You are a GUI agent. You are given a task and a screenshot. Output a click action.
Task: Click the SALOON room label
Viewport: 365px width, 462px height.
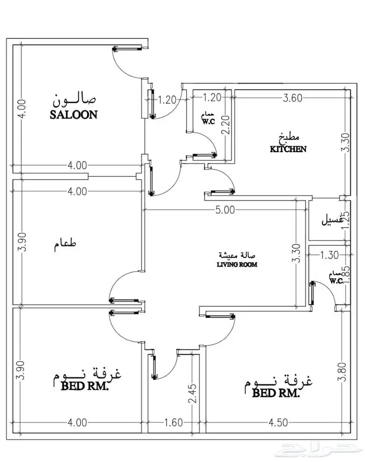tap(74, 115)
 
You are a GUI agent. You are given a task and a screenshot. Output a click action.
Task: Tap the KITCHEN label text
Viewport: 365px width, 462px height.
tap(288, 149)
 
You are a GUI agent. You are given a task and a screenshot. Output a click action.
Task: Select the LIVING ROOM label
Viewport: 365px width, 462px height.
tap(237, 264)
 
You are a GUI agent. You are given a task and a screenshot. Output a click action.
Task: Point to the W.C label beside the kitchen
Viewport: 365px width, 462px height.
tap(209, 122)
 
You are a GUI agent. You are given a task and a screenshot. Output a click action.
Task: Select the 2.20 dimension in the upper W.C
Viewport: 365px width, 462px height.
tap(226, 125)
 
